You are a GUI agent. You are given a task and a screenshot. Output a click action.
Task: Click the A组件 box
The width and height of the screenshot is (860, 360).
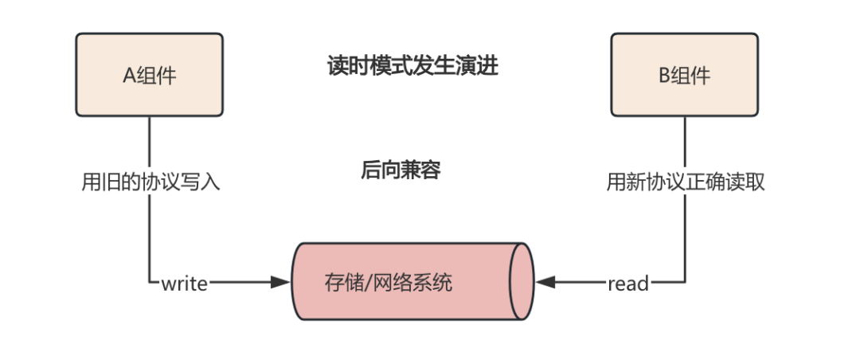(x=149, y=75)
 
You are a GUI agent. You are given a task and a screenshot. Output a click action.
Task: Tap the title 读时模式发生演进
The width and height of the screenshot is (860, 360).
(x=412, y=65)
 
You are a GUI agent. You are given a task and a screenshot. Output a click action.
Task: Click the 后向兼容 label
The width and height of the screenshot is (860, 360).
(x=401, y=170)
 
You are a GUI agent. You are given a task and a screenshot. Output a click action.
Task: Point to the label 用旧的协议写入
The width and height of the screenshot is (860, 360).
(x=150, y=182)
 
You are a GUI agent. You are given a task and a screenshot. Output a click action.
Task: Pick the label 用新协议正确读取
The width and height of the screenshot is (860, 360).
(x=686, y=182)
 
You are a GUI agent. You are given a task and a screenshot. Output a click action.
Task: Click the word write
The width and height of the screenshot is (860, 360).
(x=184, y=283)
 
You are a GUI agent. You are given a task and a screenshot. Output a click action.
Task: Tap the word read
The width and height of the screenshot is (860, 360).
(x=627, y=283)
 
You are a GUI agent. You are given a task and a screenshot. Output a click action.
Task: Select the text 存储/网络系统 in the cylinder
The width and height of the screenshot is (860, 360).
(x=389, y=282)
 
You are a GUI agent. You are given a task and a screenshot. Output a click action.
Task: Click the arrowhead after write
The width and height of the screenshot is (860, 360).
(x=280, y=282)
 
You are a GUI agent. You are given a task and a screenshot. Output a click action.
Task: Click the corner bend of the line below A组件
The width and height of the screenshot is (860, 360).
(x=149, y=282)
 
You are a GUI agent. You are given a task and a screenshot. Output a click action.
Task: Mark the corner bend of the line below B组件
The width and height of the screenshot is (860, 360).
(x=685, y=282)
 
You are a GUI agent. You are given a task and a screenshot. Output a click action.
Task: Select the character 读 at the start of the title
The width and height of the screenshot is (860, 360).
(x=337, y=65)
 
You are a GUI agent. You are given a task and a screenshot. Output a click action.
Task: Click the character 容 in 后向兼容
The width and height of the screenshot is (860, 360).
(x=430, y=170)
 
